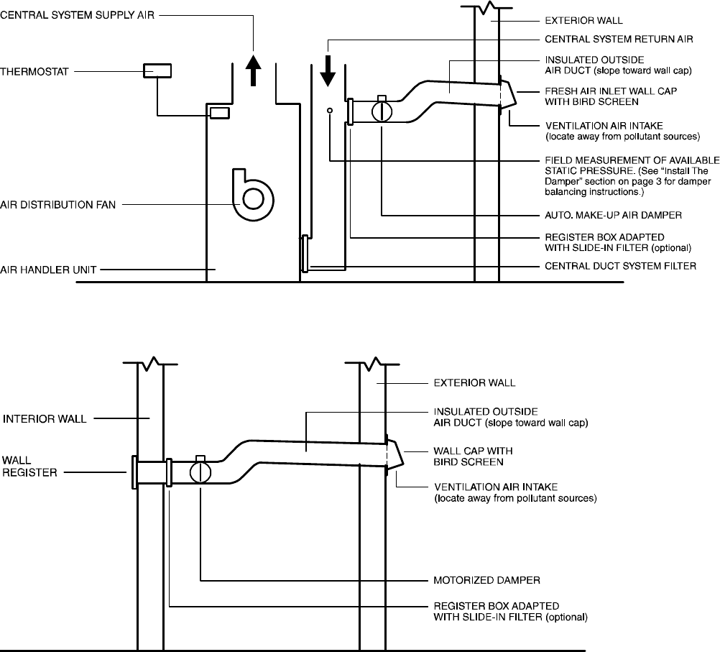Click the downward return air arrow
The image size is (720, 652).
click(328, 69)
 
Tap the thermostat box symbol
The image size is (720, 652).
click(157, 70)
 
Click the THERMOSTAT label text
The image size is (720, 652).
click(36, 71)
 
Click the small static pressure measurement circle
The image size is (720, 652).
click(330, 111)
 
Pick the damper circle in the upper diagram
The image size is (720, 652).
click(382, 111)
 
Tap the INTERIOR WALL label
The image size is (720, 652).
click(45, 417)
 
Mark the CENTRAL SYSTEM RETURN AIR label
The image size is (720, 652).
click(617, 39)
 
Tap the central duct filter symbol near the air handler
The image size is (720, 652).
click(305, 254)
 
